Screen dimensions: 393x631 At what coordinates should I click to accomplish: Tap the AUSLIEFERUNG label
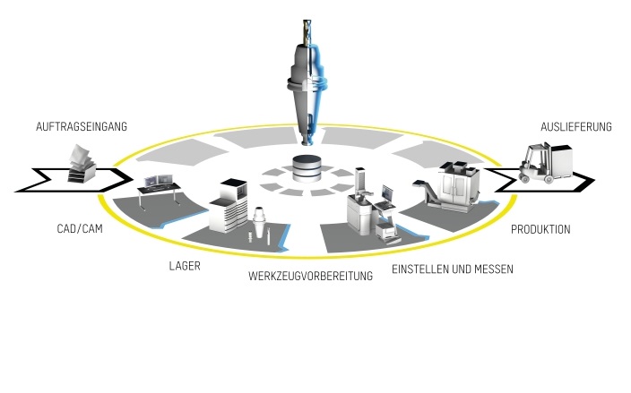pos(576,127)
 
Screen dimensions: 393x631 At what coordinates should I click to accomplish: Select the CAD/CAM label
pos(76,229)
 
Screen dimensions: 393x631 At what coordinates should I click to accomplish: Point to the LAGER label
pos(185,266)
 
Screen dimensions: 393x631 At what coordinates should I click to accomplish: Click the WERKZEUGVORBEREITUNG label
pos(310,277)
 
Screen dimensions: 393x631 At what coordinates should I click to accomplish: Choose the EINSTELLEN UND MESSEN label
pos(453,269)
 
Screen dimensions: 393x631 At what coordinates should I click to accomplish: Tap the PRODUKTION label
pos(540,229)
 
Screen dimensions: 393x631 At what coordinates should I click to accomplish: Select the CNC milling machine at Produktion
pos(458,189)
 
